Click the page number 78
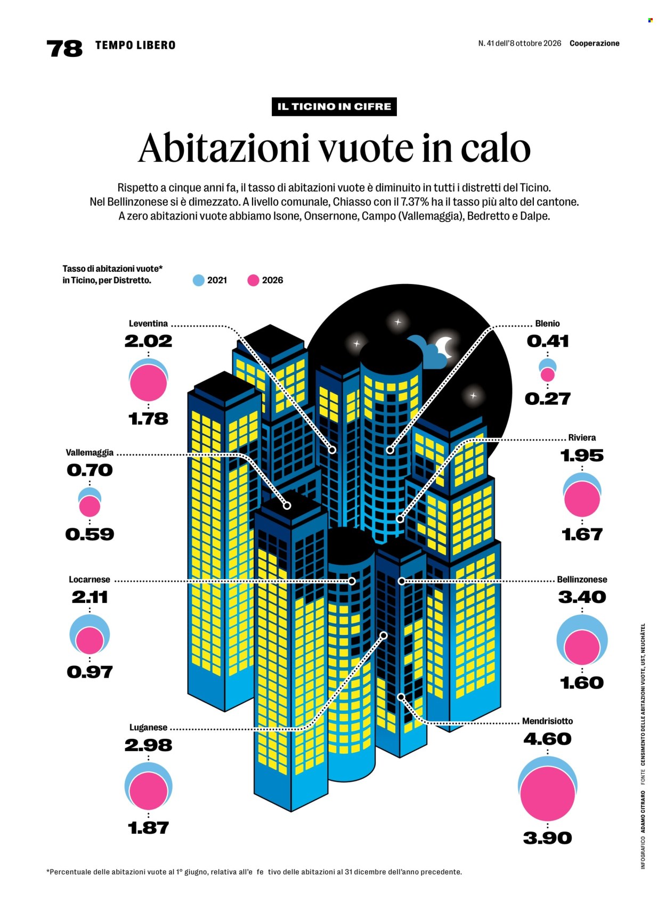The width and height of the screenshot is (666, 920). tap(64, 48)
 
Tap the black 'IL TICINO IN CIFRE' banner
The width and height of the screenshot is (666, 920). tap(334, 107)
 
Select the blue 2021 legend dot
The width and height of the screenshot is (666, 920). tap(199, 280)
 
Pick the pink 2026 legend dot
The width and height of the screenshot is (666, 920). tap(253, 280)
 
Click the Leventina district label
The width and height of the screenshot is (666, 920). tap(148, 323)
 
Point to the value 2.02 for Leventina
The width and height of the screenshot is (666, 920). tap(148, 341)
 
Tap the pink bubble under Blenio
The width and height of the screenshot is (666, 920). tap(548, 375)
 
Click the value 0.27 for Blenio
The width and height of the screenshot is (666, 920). tap(548, 398)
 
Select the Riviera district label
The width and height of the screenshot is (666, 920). tap(582, 437)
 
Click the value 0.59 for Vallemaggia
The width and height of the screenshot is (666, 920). tap(90, 534)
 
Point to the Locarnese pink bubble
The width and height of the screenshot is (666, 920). tap(90, 641)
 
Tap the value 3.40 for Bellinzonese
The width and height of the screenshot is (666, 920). tap(582, 597)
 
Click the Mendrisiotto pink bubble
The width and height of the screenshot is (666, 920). tap(548, 794)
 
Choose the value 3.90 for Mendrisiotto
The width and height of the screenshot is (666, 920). tap(548, 838)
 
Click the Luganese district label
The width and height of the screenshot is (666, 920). tap(148, 727)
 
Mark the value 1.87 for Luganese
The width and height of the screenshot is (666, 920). tap(148, 828)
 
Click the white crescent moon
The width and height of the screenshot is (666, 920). tap(445, 347)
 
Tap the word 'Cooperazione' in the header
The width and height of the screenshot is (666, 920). tap(595, 43)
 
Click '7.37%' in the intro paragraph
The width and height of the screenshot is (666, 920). tap(415, 202)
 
